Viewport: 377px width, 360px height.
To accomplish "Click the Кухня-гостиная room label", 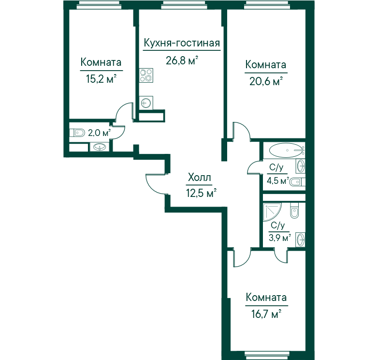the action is coord(182,44).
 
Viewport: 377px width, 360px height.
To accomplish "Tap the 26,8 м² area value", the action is coord(182,60).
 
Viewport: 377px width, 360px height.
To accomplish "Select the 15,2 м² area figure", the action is coord(101,79).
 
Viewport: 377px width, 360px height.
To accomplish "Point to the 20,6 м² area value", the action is coord(266,81).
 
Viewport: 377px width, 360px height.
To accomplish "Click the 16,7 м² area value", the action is coord(266,314).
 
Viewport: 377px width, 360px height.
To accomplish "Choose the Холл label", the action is coord(200,178).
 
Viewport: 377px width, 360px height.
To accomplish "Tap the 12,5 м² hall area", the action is coord(202,193).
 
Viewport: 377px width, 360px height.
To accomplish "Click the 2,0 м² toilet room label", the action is coord(99,133).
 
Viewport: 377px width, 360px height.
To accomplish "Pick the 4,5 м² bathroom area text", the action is coord(278,180).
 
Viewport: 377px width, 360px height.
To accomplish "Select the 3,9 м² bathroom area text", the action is coord(280,238).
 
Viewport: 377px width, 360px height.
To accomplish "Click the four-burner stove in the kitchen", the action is coord(146,75).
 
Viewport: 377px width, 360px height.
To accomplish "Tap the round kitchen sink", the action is coord(146,103).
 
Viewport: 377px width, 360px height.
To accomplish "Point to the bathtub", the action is coord(286,150).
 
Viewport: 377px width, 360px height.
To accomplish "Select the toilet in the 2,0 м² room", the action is coord(77,133).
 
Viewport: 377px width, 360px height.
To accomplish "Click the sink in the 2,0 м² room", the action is coord(99,147).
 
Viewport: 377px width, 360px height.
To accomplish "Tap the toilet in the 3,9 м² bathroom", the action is coord(294,210).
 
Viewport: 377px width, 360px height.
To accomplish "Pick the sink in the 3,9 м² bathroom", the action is coord(300,240).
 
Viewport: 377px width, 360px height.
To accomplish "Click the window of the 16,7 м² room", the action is coord(266,354).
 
